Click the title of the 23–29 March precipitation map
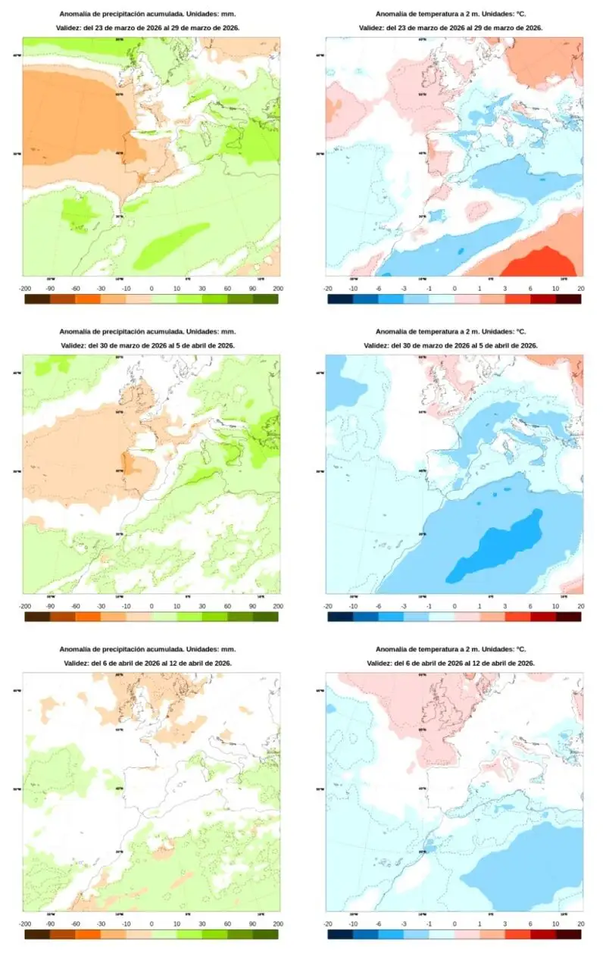[x=150, y=14]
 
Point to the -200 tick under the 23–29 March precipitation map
[x=25, y=289]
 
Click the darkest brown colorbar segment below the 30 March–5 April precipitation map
[x=37, y=617]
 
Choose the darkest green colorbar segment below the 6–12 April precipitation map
[x=266, y=935]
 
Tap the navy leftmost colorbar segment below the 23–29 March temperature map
[x=340, y=299]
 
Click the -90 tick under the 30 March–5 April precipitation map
[x=50, y=606]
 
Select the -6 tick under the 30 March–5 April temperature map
[x=379, y=606]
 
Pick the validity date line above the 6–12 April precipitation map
[x=150, y=663]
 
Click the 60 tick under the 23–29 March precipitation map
[x=227, y=289]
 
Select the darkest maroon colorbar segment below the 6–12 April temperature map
[x=568, y=935]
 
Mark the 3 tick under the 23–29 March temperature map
[x=504, y=289]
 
